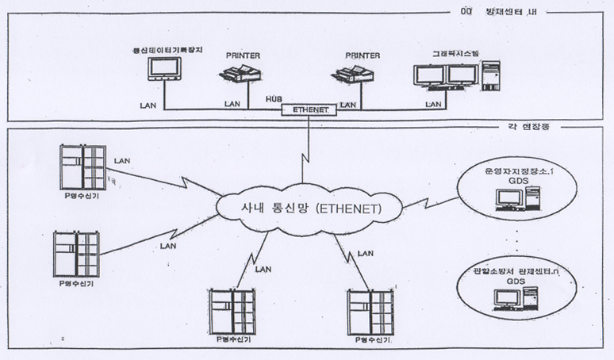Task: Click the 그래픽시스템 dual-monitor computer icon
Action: coord(453,77)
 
